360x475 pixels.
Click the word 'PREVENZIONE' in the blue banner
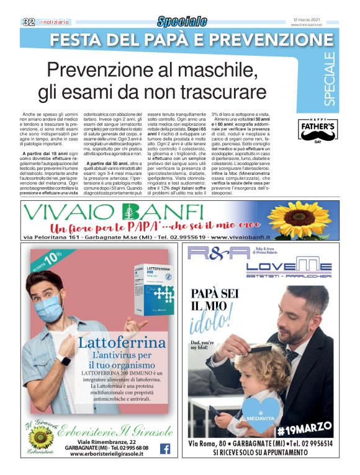click(268, 40)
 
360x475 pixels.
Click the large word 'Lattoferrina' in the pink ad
click(122, 344)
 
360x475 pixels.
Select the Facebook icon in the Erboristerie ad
click(165, 448)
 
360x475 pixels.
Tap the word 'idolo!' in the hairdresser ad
click(215, 321)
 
